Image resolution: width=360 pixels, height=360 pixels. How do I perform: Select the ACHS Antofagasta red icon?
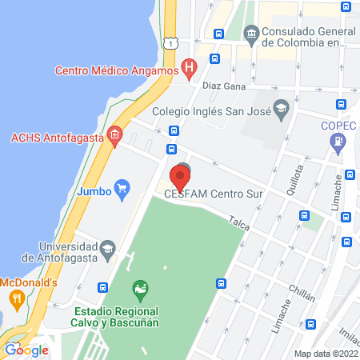pyautogui.click(x=116, y=137)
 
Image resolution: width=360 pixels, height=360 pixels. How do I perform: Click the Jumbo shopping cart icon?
pyautogui.click(x=122, y=190)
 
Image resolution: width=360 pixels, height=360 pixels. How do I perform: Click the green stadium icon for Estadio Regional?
pyautogui.click(x=141, y=287)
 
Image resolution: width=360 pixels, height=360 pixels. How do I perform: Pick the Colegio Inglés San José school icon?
pyautogui.click(x=281, y=108)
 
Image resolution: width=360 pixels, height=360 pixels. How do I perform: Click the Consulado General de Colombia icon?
pyautogui.click(x=251, y=34)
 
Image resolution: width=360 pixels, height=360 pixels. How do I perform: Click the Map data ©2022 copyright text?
pyautogui.click(x=325, y=354)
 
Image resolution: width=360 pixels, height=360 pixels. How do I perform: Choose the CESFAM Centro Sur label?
pyautogui.click(x=214, y=194)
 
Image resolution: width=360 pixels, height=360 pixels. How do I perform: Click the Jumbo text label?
pyautogui.click(x=93, y=191)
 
